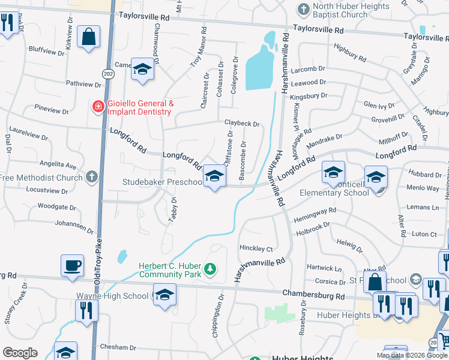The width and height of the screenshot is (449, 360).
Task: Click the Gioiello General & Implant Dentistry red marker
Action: tap(97, 107)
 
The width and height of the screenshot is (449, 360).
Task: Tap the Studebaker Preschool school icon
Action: tap(213, 175)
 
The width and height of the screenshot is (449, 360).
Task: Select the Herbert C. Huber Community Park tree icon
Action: tap(210, 268)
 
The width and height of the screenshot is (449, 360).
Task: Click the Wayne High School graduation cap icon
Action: tap(164, 294)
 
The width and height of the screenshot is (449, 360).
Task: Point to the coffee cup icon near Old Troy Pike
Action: tap(73, 265)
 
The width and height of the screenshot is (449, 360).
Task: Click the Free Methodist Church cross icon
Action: tap(91, 177)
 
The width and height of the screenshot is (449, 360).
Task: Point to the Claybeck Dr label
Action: tap(242, 123)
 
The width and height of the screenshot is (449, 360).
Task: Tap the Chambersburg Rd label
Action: tap(314, 296)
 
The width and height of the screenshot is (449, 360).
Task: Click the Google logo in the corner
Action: tap(19, 353)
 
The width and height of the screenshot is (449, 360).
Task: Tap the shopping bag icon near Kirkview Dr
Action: tap(89, 36)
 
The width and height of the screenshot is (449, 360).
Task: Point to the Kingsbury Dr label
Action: tap(308, 95)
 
